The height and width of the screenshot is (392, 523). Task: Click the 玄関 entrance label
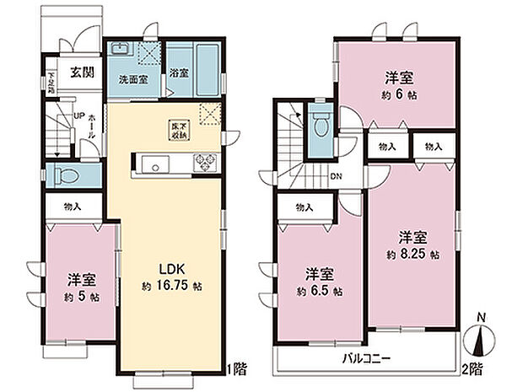pyautogui.click(x=81, y=72)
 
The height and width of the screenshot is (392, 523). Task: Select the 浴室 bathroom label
pyautogui.click(x=179, y=73)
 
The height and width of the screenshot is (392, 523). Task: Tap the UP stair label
pyautogui.click(x=78, y=115)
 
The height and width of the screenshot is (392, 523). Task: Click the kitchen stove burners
pyautogui.click(x=206, y=162)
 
